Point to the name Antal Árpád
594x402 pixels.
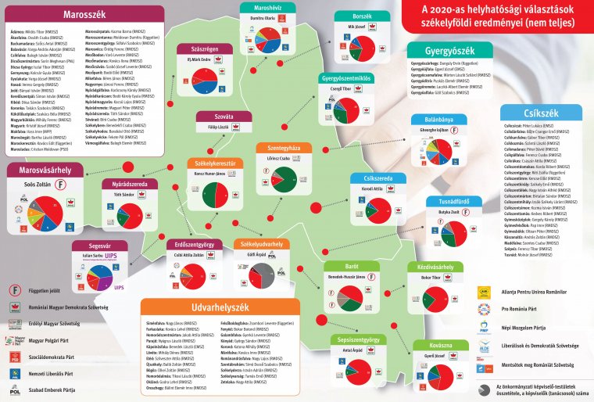tap(353, 350)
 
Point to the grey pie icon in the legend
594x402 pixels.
tap(484, 388)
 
